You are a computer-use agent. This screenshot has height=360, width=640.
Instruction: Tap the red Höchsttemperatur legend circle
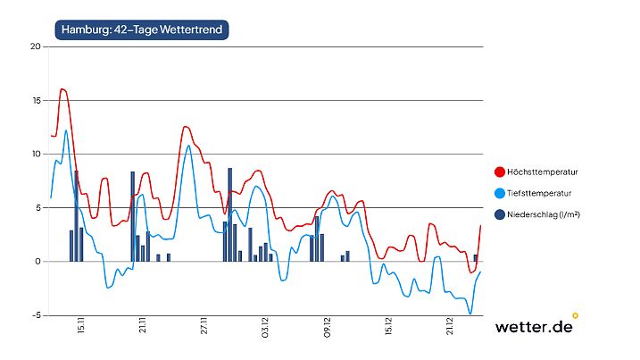pos(500,172)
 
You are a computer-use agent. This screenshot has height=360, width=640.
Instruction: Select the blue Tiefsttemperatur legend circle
pos(500,193)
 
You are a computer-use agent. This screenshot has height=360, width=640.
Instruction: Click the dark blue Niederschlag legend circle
pos(500,214)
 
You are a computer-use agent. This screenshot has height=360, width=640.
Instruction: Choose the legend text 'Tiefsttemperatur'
pos(539,193)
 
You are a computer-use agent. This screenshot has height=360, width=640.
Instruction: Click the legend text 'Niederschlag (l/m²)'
pos(544,214)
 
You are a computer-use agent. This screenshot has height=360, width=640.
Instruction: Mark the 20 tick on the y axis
pos(36,46)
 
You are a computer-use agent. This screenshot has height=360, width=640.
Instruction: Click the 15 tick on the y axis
pos(36,100)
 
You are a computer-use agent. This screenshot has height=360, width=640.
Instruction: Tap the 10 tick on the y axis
pos(36,154)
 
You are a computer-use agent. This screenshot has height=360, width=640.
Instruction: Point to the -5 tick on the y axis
pos(37,315)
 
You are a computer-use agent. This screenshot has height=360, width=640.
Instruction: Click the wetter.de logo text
pos(534,327)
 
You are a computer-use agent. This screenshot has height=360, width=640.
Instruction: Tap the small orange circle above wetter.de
pos(575,314)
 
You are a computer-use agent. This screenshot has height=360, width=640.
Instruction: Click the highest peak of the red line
pos(62,89)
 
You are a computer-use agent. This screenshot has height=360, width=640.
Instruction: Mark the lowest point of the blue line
pos(470,314)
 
